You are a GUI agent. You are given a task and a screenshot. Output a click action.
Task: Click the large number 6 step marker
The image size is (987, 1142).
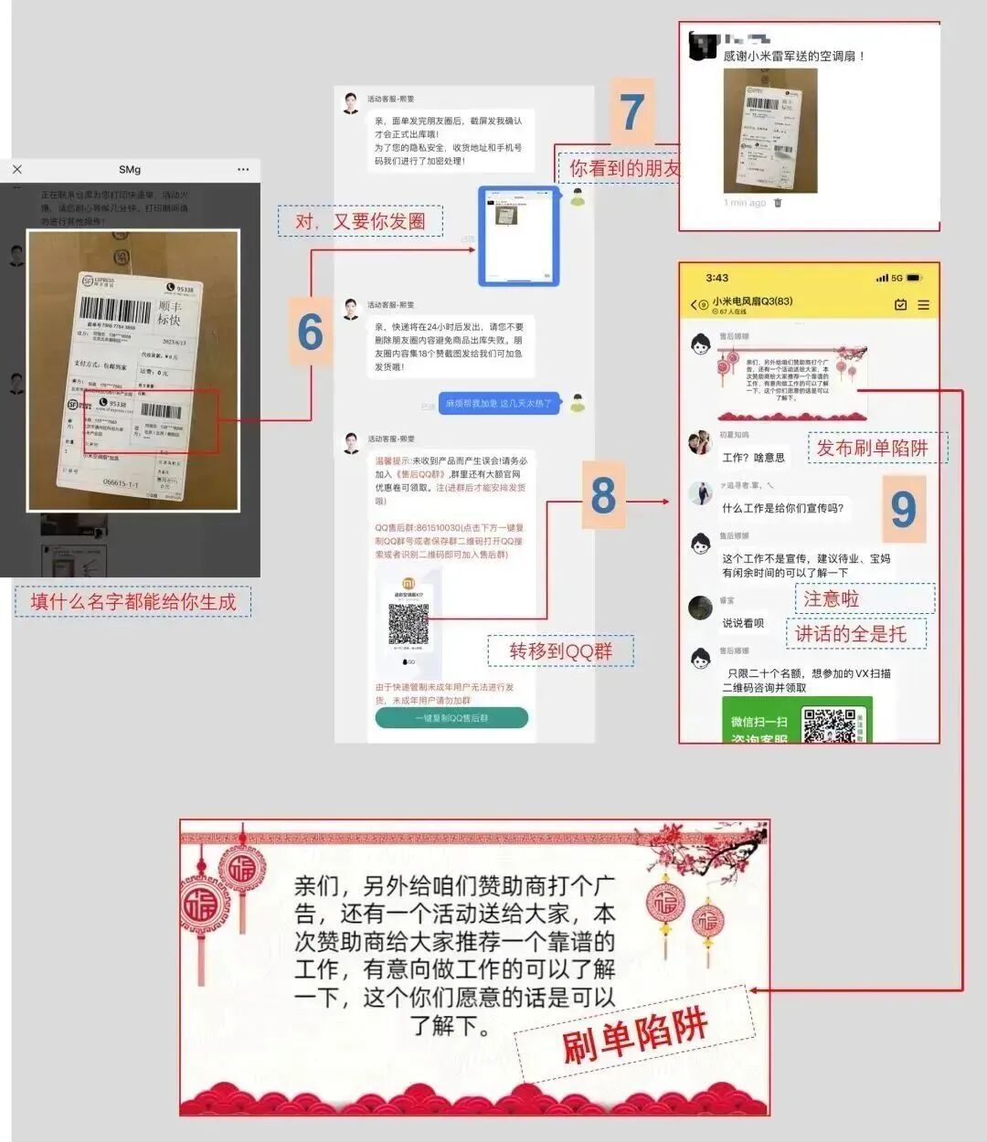tap(311, 332)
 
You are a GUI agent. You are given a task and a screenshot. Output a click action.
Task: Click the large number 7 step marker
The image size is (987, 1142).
tap(632, 111)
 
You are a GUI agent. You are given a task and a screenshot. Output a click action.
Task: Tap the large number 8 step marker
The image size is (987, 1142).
tap(603, 495)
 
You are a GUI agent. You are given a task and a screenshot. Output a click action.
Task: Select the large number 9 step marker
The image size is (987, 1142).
tap(902, 509)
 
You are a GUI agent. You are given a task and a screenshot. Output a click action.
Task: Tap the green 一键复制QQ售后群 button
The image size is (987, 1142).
tap(451, 718)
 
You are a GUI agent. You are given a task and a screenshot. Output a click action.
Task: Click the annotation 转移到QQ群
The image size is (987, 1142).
tap(560, 651)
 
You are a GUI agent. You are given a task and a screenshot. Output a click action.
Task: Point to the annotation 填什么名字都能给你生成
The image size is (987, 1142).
tap(133, 602)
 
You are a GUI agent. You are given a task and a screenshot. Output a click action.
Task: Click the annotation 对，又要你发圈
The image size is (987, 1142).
tap(360, 221)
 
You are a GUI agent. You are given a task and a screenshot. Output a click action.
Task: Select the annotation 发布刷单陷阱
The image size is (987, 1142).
tap(871, 448)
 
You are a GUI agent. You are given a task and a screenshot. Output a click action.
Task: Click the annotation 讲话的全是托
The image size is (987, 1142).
tap(850, 634)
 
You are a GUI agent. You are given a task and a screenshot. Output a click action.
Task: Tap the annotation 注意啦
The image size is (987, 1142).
tap(831, 598)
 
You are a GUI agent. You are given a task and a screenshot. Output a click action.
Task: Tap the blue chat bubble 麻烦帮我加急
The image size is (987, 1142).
tap(499, 403)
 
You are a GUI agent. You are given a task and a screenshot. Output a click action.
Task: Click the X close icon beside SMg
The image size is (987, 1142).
tap(17, 169)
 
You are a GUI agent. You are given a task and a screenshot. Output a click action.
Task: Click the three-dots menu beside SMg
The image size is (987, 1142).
tap(242, 169)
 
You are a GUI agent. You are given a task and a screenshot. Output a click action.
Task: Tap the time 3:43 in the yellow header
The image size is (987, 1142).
tap(717, 278)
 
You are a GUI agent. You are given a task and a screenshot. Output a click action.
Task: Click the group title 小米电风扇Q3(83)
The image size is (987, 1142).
tap(752, 301)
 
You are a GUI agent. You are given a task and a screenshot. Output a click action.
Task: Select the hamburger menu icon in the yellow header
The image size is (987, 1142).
tap(923, 305)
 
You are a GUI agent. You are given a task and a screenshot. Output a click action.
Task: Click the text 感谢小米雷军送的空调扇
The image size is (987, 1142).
tap(793, 57)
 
